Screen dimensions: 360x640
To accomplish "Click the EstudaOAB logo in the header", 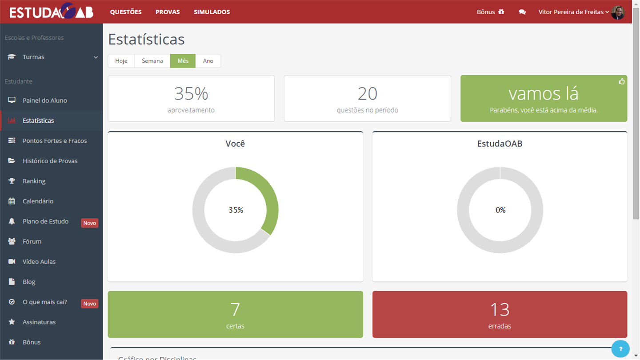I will (x=51, y=12).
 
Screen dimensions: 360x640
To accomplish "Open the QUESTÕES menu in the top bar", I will (x=126, y=12).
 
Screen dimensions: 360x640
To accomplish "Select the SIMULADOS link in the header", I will (x=212, y=12).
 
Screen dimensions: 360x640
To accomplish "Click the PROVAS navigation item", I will (x=168, y=12).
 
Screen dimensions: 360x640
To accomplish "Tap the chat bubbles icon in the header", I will (x=522, y=12).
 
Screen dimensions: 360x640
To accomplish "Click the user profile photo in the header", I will (x=618, y=12).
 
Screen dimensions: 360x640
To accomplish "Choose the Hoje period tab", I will (x=121, y=61).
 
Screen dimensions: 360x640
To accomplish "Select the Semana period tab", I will (x=152, y=61).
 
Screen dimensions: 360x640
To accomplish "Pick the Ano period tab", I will (x=208, y=61).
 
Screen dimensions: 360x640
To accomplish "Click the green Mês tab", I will (x=183, y=61).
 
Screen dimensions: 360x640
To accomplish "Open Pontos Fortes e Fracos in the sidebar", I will (x=55, y=140).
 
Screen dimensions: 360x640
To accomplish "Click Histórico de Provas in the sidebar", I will (x=50, y=161).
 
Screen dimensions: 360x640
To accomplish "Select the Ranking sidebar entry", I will (x=34, y=181).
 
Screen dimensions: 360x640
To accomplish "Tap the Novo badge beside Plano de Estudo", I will (x=89, y=223).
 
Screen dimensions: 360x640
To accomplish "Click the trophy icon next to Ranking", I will (x=12, y=181).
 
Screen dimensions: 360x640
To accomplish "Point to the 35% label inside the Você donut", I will (x=236, y=210).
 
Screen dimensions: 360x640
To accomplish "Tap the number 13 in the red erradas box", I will (x=500, y=309).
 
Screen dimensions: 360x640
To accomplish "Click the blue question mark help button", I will (x=620, y=349).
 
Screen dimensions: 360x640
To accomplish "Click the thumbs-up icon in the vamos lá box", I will (x=621, y=81).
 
